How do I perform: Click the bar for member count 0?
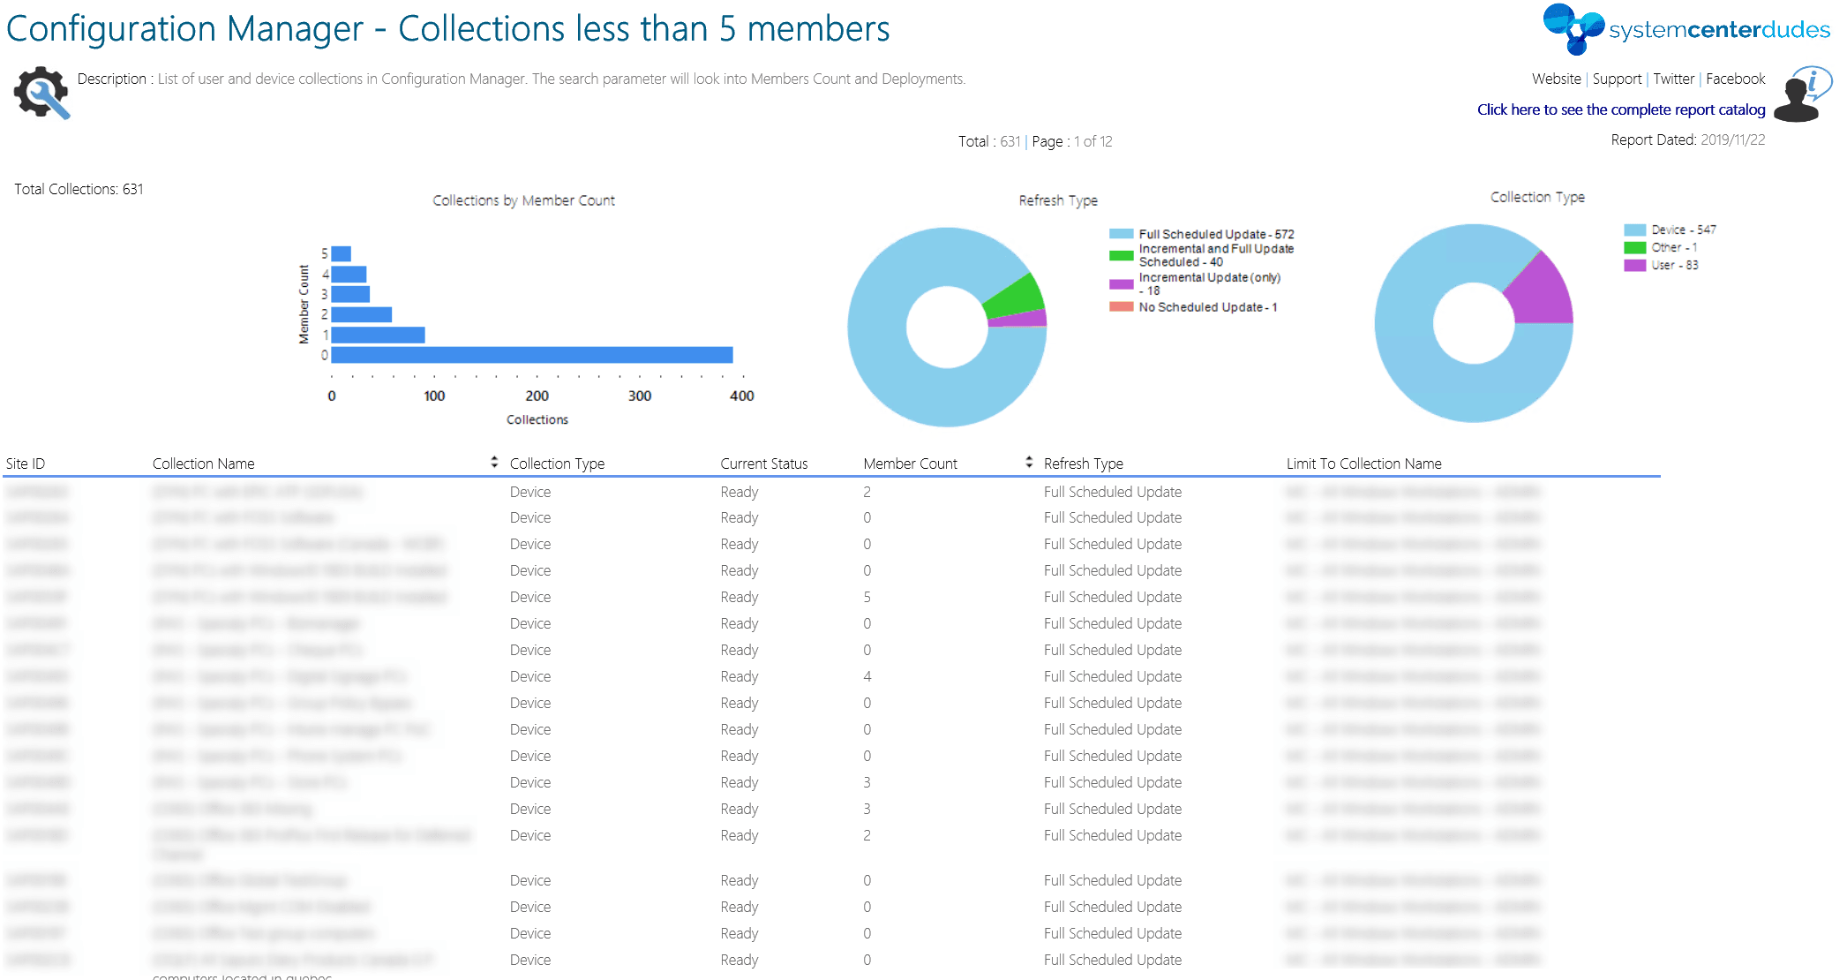(x=531, y=355)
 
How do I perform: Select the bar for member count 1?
(x=378, y=335)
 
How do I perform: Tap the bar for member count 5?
(x=342, y=254)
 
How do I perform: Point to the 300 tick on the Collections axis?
(x=640, y=396)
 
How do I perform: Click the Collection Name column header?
(x=203, y=464)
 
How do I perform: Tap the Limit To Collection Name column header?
(x=1363, y=464)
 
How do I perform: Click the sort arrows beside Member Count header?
(x=1029, y=463)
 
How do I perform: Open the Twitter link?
(x=1673, y=79)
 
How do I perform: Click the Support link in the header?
(x=1617, y=79)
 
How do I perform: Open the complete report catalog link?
(x=1621, y=109)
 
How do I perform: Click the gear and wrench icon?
(x=41, y=92)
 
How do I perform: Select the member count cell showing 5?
(x=867, y=597)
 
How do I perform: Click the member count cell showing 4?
(x=867, y=676)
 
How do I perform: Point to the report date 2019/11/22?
(x=1732, y=139)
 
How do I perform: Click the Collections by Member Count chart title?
(x=523, y=200)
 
